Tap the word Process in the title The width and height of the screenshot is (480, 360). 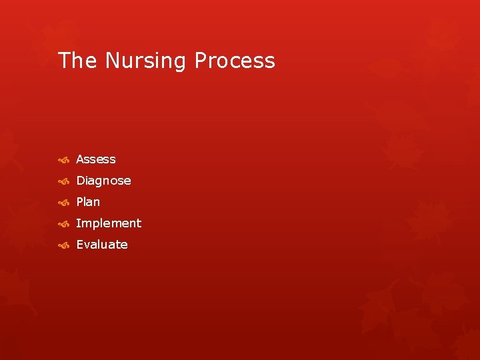235,61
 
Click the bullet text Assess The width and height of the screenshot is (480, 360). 96,159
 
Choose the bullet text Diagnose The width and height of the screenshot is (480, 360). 103,181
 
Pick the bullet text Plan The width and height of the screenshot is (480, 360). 88,202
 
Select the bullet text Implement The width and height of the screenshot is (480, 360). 109,223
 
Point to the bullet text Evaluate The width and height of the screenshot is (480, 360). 102,245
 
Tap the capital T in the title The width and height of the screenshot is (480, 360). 64,61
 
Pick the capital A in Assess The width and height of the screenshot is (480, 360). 81,159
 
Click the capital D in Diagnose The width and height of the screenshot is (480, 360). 81,181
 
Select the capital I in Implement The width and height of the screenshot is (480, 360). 78,223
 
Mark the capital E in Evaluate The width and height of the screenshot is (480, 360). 80,245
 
